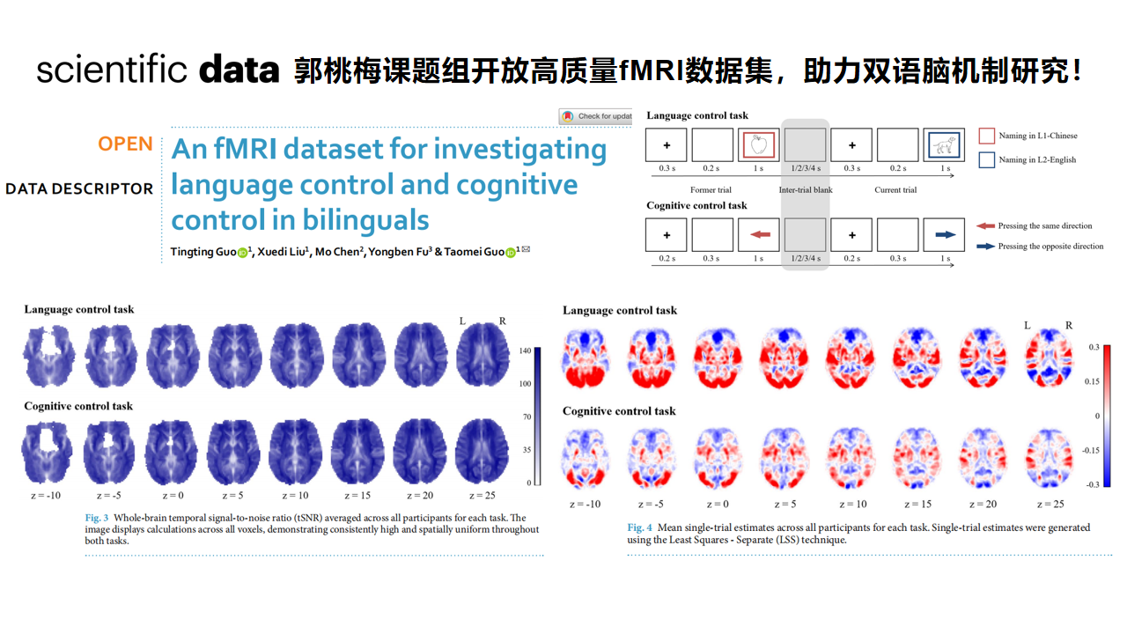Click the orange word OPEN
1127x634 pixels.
tap(125, 144)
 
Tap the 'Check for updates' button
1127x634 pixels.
tap(596, 116)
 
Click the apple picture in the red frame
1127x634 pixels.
tap(759, 145)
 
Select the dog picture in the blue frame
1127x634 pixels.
tap(944, 145)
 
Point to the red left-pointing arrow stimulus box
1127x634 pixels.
tap(759, 235)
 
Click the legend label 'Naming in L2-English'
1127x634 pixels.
tap(1037, 160)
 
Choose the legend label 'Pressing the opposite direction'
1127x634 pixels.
tap(1050, 247)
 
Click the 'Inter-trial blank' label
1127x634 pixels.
tap(806, 189)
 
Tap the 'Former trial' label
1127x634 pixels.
tap(711, 189)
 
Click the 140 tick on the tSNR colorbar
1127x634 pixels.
tap(526, 350)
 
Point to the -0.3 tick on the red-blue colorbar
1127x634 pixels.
tap(1093, 484)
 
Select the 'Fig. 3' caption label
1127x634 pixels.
tap(97, 518)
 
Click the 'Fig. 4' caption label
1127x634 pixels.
tap(639, 527)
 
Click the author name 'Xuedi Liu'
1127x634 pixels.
tap(282, 252)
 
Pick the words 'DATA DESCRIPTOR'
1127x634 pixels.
tap(79, 189)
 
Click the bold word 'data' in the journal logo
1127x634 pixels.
tap(239, 70)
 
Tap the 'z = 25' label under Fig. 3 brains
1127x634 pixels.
tap(482, 496)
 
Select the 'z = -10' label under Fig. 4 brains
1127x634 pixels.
tap(586, 505)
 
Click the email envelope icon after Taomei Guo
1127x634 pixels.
tap(526, 249)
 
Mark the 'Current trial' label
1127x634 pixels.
tap(895, 189)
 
